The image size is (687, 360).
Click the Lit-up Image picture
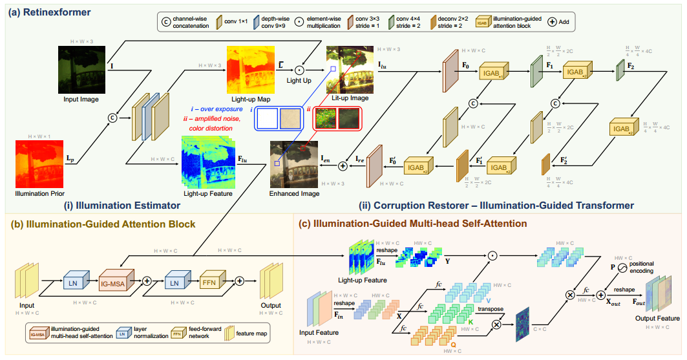coord(350,68)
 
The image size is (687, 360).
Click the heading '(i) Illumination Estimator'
coord(122,206)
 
